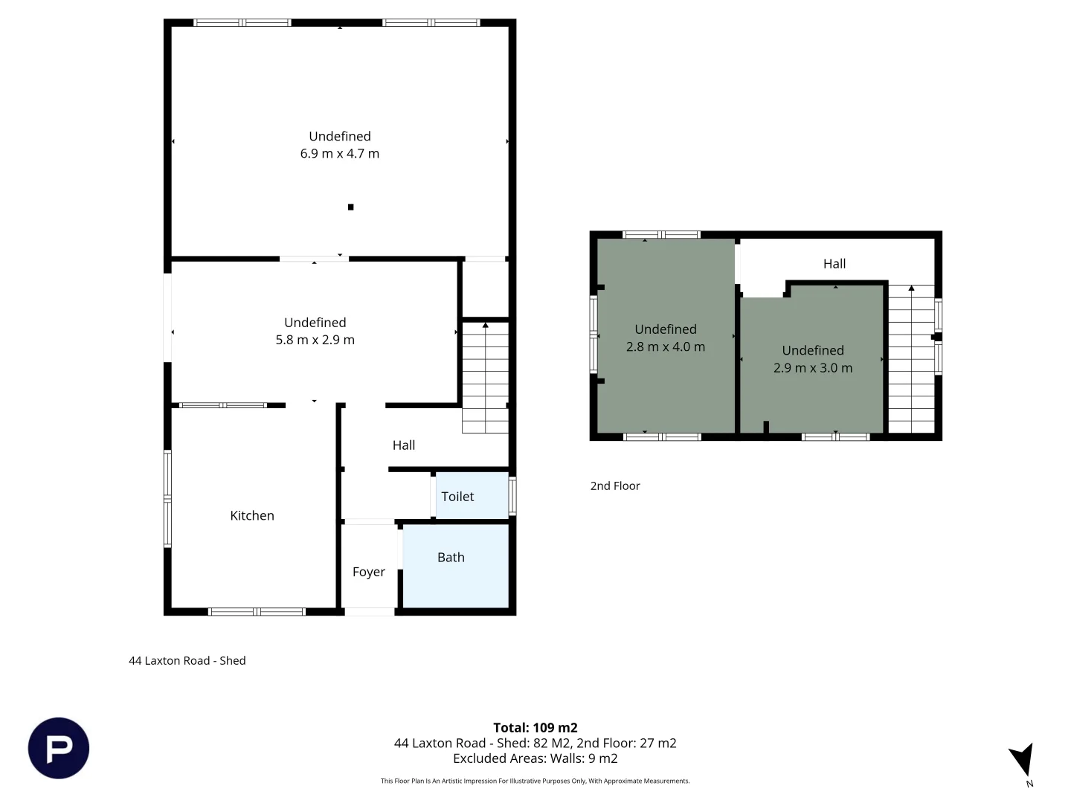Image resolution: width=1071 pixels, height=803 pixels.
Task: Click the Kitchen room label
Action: coord(252,515)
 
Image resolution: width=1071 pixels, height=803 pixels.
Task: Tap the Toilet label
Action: coord(457,497)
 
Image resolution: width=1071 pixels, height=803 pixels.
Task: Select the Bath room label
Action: coord(451,558)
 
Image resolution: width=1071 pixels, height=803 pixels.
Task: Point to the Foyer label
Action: coord(368,572)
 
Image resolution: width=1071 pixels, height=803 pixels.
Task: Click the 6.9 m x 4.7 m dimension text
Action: coord(340,154)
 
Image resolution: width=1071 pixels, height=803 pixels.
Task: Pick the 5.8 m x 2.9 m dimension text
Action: coord(315,340)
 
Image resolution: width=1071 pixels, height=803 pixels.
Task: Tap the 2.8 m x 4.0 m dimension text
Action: coord(665,346)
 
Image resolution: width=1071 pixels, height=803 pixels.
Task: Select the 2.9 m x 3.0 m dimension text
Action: coord(813,367)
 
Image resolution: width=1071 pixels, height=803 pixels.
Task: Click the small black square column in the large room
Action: coord(350,207)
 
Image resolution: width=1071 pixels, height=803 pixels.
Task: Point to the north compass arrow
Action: coord(1023,758)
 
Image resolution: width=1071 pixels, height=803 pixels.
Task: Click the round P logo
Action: coord(59,748)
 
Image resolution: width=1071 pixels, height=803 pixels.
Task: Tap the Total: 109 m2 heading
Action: coord(535,727)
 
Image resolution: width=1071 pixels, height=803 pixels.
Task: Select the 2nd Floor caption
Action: coord(615,486)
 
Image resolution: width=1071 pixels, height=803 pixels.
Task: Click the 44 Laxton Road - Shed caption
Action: coord(187,660)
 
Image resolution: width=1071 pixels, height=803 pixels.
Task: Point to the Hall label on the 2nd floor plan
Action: coord(834,264)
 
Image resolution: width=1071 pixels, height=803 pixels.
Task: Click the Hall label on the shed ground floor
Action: coord(404,445)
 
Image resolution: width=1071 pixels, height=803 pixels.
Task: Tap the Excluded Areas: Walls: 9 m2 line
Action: coord(535,758)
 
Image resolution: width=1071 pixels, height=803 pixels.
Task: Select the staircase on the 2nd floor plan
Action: coord(911,359)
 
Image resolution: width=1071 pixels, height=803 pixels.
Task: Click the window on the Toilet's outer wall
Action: coord(512,495)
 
